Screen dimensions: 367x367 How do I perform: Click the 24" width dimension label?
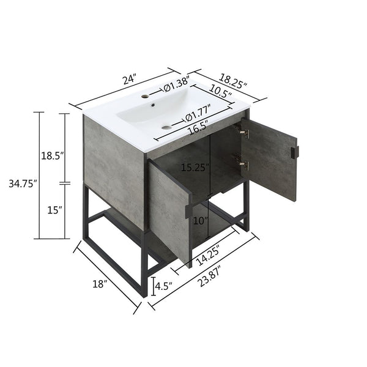(x=128, y=80)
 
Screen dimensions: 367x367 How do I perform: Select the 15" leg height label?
(x=54, y=210)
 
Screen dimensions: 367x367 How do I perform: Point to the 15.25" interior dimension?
(x=196, y=166)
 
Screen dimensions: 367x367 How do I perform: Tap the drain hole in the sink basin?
(x=166, y=127)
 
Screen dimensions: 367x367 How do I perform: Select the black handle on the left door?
(x=188, y=210)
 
